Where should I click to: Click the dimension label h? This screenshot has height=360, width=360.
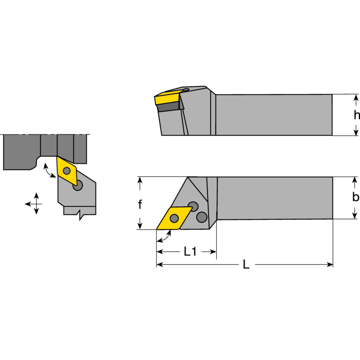[356, 115]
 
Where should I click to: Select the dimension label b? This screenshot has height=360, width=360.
[356, 197]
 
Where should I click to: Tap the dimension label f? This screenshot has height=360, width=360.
[140, 204]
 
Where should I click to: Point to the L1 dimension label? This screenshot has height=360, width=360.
[190, 252]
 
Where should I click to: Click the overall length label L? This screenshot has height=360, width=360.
[246, 265]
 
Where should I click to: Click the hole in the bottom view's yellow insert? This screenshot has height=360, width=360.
[175, 218]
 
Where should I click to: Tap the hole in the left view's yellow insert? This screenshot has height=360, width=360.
[67, 171]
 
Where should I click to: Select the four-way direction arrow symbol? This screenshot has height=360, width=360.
[36, 204]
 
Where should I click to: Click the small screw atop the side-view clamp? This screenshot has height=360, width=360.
[186, 89]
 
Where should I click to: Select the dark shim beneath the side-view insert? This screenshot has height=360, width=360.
[169, 107]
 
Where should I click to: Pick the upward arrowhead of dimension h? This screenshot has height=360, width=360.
[356, 98]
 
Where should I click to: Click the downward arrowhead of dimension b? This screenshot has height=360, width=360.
[356, 215]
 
